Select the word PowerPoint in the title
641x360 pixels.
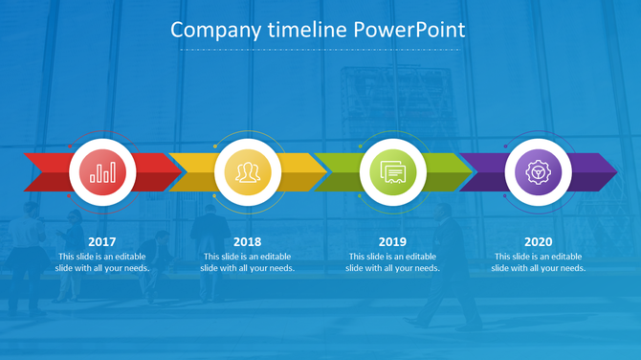tap(409, 31)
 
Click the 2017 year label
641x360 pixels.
tap(101, 242)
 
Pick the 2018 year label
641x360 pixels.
tap(247, 242)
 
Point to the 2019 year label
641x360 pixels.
tap(392, 242)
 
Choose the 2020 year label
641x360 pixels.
tap(538, 242)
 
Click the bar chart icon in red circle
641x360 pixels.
tap(102, 172)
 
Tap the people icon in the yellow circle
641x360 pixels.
tap(248, 172)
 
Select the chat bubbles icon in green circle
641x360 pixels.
tap(392, 172)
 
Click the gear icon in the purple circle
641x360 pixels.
tap(538, 172)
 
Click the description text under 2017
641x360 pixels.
tap(101, 262)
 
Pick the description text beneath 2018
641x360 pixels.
tap(247, 262)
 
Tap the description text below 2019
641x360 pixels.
tap(392, 262)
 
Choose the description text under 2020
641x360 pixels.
tap(538, 262)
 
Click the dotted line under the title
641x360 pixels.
tap(320, 50)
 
